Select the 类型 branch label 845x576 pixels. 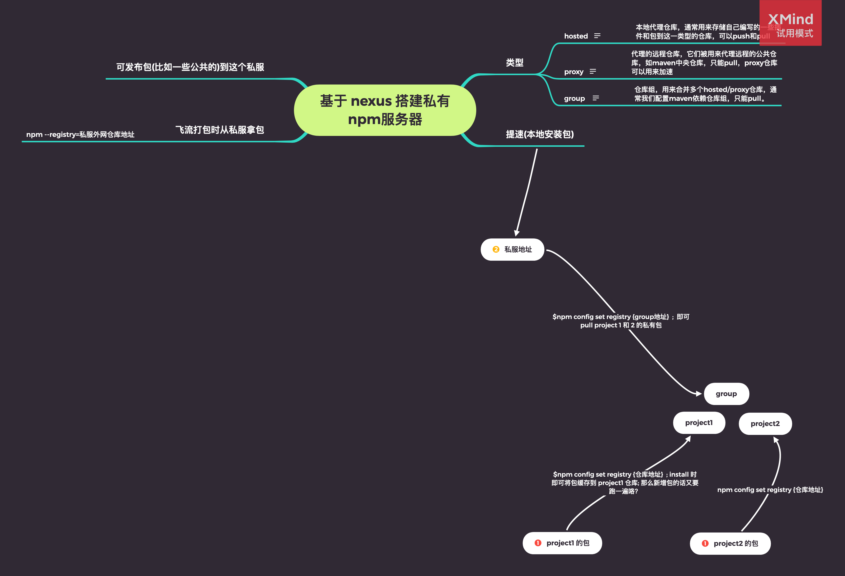tap(515, 63)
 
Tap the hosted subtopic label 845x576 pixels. tap(576, 36)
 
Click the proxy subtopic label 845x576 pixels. tap(573, 72)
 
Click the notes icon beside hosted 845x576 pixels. tap(597, 36)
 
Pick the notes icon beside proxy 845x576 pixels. tap(593, 71)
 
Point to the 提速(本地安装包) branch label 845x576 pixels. tap(539, 134)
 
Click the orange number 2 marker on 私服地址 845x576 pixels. tap(495, 250)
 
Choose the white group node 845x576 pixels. tap(726, 394)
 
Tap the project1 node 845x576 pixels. tap(699, 423)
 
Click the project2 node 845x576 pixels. tap(765, 424)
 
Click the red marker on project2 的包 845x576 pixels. tap(705, 543)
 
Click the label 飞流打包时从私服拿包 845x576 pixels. tap(220, 130)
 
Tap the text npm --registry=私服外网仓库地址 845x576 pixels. tap(80, 134)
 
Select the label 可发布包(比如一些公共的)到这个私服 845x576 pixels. tap(190, 67)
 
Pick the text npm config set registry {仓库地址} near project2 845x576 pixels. tap(770, 490)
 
